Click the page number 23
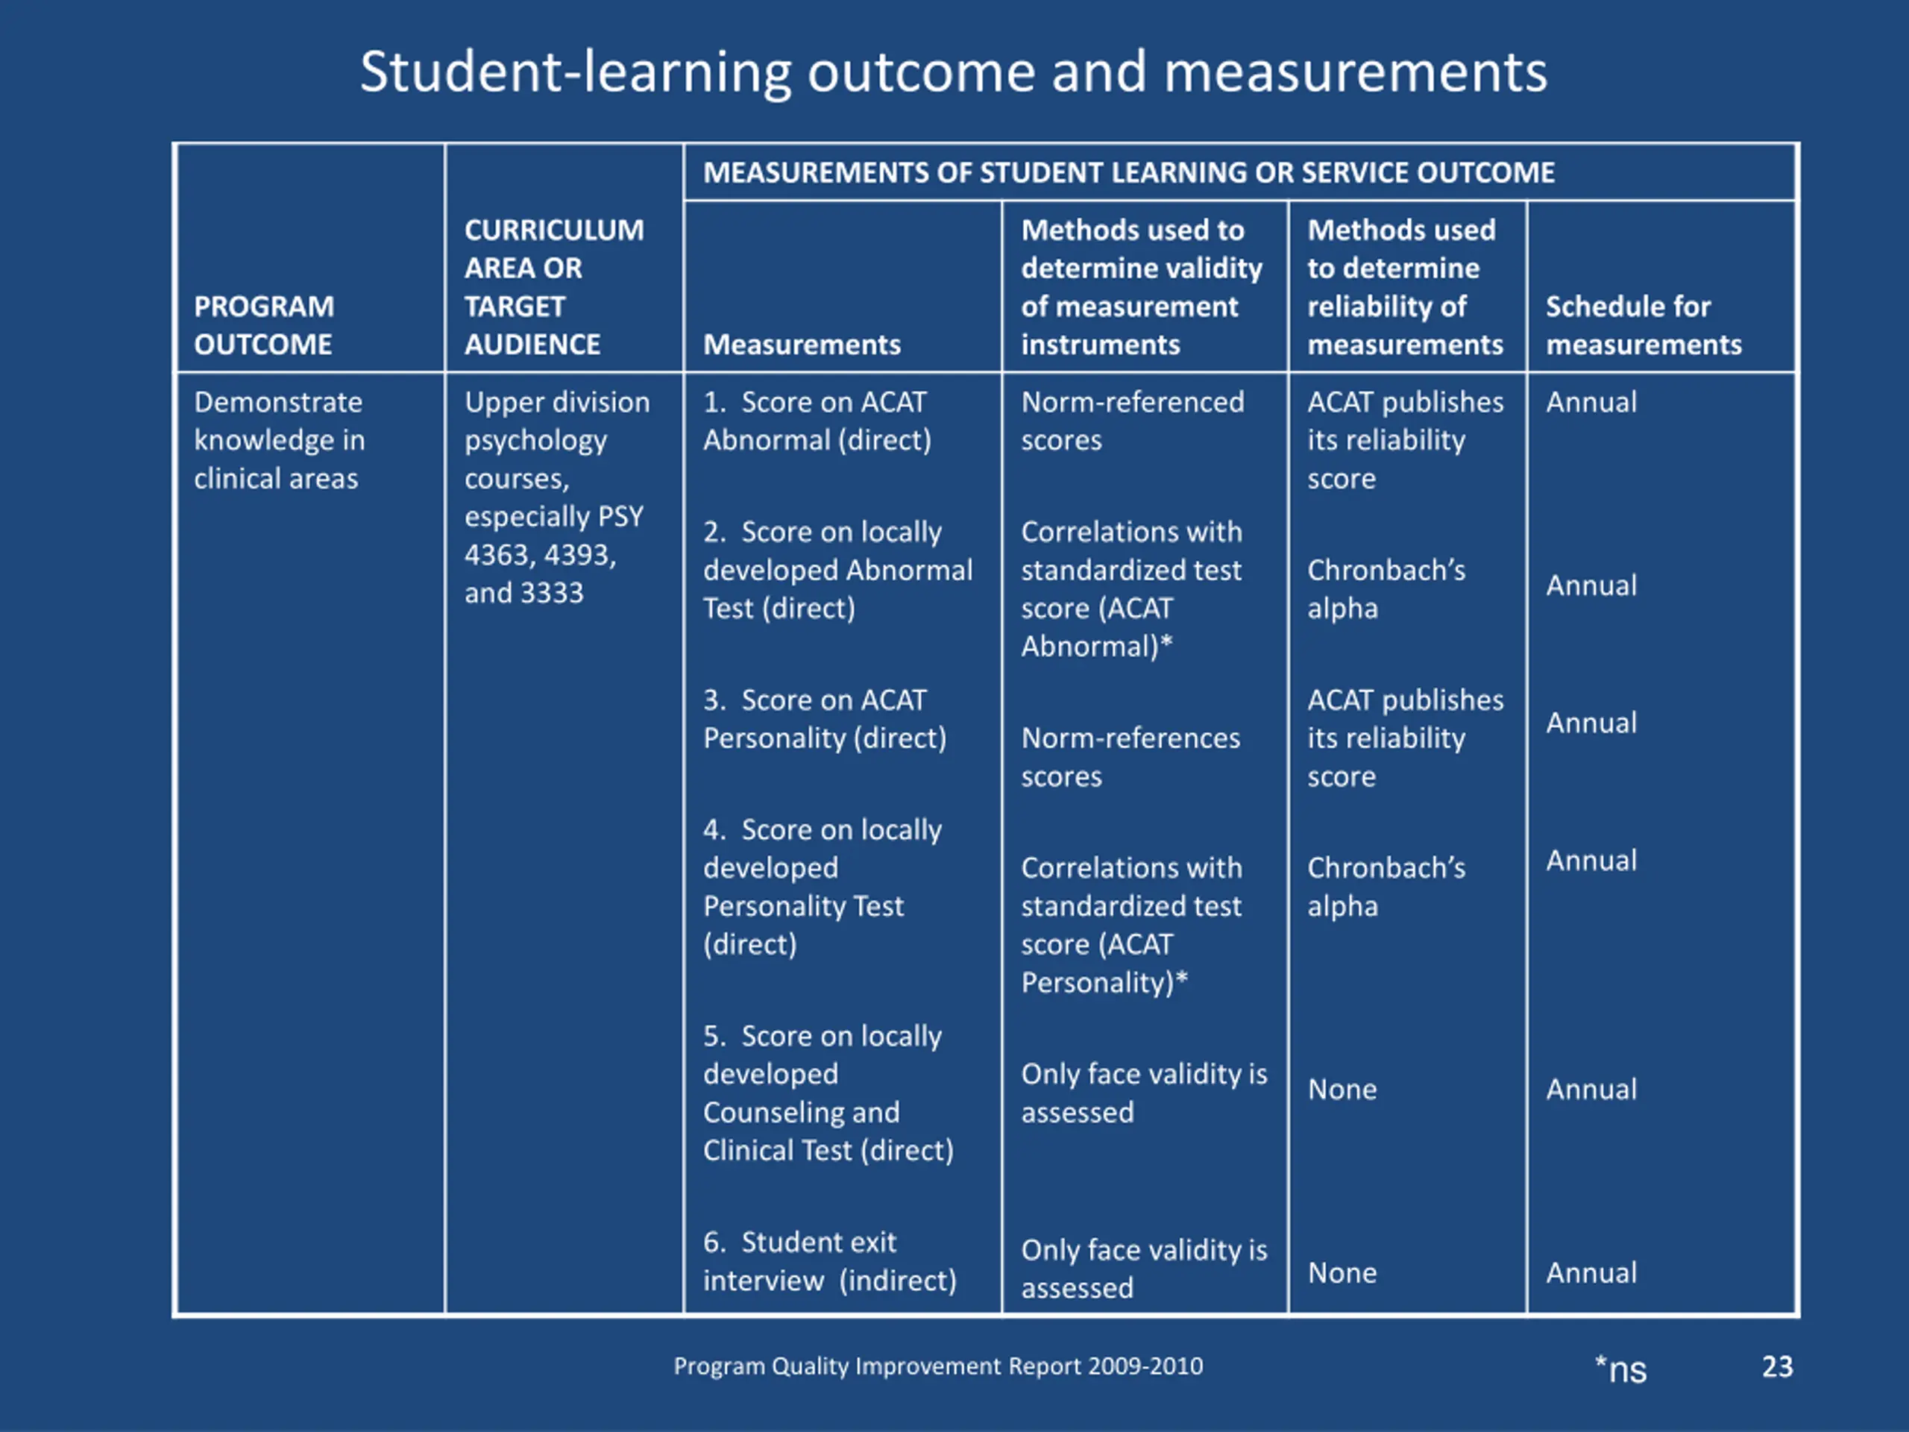pyautogui.click(x=1777, y=1366)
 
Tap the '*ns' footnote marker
pyautogui.click(x=1620, y=1369)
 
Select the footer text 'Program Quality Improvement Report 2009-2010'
pyautogui.click(x=938, y=1366)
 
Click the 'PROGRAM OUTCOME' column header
pyautogui.click(x=263, y=325)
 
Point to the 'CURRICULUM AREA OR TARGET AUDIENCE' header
pyautogui.click(x=554, y=287)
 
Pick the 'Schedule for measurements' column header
pyautogui.click(x=1644, y=325)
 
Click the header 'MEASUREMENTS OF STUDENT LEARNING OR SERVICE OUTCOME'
pyautogui.click(x=1128, y=172)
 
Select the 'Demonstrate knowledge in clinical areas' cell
pyautogui.click(x=279, y=440)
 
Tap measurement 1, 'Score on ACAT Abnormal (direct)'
pyautogui.click(x=817, y=421)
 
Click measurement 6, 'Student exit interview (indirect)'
pyautogui.click(x=829, y=1261)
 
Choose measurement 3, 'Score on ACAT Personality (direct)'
pyautogui.click(x=824, y=719)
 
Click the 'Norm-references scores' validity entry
pyautogui.click(x=1130, y=757)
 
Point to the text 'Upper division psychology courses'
pyautogui.click(x=556, y=440)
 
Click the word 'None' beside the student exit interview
pyautogui.click(x=1342, y=1273)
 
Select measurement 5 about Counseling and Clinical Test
pyautogui.click(x=828, y=1093)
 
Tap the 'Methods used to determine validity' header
pyautogui.click(x=1141, y=287)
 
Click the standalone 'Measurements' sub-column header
pyautogui.click(x=802, y=345)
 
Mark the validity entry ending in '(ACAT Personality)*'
pyautogui.click(x=1130, y=924)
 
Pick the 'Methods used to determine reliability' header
pyautogui.click(x=1404, y=287)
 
